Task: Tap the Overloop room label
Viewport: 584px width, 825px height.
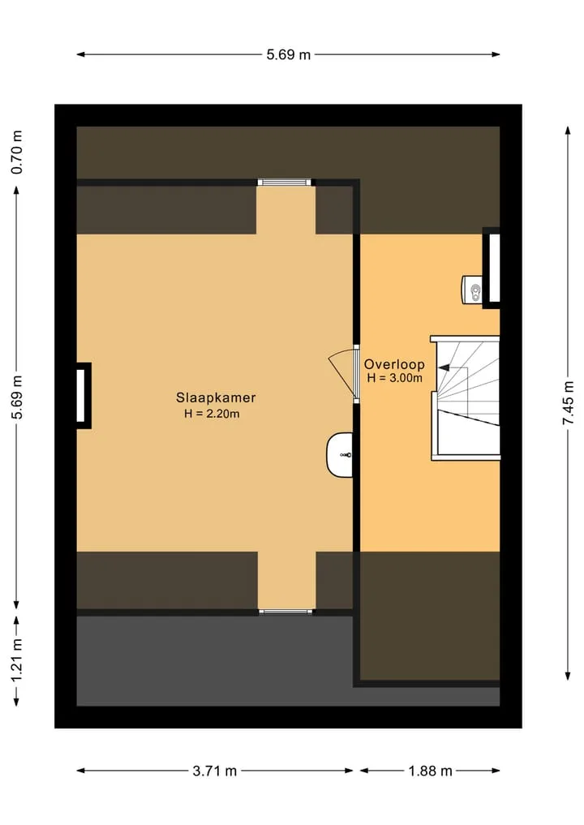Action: pos(394,364)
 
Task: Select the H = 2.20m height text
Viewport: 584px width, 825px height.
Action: pos(212,414)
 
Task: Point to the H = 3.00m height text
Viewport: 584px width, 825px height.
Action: pos(394,378)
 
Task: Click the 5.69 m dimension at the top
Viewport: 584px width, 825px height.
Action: pos(288,54)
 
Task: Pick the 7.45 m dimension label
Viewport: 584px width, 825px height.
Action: pos(569,403)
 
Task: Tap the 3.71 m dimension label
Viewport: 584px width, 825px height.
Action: pos(215,771)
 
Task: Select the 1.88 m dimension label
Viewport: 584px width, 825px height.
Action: pos(431,771)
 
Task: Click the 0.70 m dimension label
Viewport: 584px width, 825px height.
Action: pos(17,152)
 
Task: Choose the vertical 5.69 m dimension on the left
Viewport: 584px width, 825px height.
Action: pos(17,398)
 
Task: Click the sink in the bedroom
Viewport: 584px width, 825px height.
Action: pos(339,455)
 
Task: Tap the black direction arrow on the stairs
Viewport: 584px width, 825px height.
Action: pos(444,368)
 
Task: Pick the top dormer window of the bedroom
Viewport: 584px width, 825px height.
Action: pos(284,183)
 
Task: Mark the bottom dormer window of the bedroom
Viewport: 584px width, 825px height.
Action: pos(286,612)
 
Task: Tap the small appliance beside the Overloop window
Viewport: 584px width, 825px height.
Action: pos(472,290)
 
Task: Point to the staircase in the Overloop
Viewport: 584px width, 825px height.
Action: pos(465,398)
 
